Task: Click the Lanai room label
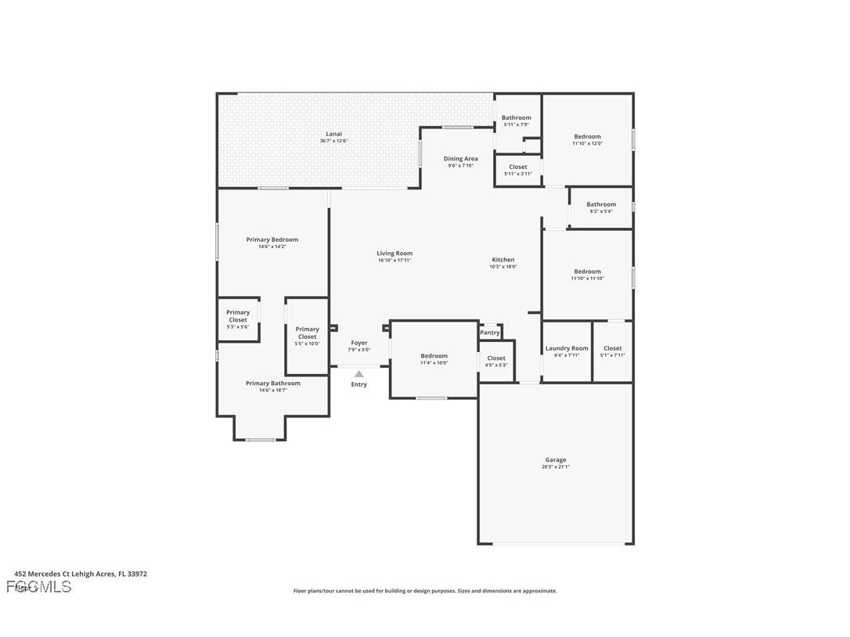click(333, 134)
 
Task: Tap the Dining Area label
click(460, 159)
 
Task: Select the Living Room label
click(394, 254)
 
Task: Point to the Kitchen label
click(503, 260)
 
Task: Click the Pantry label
click(490, 333)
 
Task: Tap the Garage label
click(556, 460)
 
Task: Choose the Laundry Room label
click(567, 348)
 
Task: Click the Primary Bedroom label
click(272, 239)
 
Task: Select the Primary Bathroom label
click(272, 383)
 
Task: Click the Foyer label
click(359, 343)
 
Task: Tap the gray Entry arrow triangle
click(358, 374)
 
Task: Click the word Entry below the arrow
click(358, 384)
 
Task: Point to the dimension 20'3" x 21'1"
click(556, 467)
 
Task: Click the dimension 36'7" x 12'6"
click(333, 141)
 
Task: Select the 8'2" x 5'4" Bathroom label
click(601, 204)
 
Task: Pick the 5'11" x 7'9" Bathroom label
click(517, 118)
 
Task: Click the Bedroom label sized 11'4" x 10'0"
click(434, 356)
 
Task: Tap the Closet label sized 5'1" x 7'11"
click(613, 348)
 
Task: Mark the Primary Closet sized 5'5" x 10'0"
click(307, 333)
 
